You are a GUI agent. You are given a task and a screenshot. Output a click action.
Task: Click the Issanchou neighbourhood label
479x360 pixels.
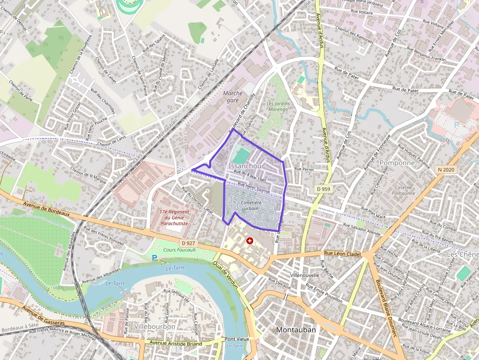click(244, 167)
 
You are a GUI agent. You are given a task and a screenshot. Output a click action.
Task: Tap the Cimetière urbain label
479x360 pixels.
click(250, 205)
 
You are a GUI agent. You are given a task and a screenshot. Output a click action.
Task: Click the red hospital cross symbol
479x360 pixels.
click(250, 241)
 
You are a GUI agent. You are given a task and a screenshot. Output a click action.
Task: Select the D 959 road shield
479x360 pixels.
click(323, 189)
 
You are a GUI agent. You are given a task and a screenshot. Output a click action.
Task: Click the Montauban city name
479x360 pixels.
click(296, 330)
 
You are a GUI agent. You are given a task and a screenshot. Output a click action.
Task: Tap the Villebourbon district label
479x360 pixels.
click(154, 326)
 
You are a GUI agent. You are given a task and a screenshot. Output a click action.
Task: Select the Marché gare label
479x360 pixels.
click(232, 96)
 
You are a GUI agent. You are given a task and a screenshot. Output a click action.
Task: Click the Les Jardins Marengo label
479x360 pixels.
click(278, 106)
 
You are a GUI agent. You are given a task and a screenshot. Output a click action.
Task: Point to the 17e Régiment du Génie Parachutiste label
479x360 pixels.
click(174, 217)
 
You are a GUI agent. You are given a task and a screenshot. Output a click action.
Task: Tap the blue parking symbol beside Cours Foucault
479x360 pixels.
click(154, 257)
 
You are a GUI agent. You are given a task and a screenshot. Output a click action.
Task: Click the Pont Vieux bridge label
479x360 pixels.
click(237, 339)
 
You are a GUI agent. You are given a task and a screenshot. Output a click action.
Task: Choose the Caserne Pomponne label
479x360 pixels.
click(403, 190)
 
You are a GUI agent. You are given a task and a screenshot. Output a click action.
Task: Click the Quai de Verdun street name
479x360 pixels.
click(226, 274)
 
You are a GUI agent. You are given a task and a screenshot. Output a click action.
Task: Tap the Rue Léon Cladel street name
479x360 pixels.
click(342, 254)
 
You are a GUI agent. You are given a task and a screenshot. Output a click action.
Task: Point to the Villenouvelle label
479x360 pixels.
click(305, 275)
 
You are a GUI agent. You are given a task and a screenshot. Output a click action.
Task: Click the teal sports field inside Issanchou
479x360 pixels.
click(240, 156)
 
